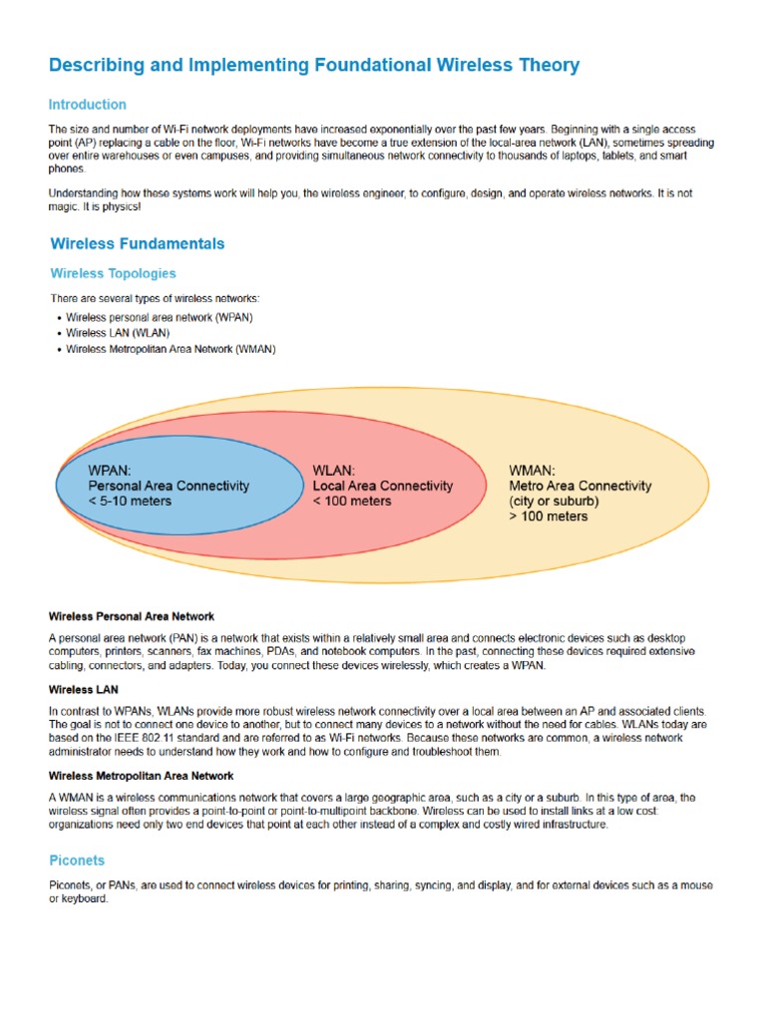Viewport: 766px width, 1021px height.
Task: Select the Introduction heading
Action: point(88,105)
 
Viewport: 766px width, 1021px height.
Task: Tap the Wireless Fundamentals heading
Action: point(138,243)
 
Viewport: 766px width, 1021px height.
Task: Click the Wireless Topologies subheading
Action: point(113,273)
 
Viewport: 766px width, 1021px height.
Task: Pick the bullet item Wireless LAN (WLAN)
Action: point(118,333)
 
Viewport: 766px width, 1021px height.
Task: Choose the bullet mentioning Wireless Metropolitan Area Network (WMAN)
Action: point(171,349)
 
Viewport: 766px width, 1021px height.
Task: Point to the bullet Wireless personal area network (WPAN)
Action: point(160,317)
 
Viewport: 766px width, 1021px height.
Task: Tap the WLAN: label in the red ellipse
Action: point(336,470)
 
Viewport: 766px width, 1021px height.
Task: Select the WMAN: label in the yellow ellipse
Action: point(533,470)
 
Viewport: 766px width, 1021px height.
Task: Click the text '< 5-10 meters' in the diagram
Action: point(130,501)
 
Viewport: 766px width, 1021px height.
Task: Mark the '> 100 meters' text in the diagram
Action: point(549,516)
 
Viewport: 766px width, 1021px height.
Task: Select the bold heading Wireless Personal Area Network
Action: point(132,617)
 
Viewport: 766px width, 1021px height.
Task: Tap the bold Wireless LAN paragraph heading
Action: point(83,689)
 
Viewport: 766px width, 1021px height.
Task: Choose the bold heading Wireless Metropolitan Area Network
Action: point(142,775)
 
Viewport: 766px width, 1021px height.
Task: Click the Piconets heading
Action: point(77,860)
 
